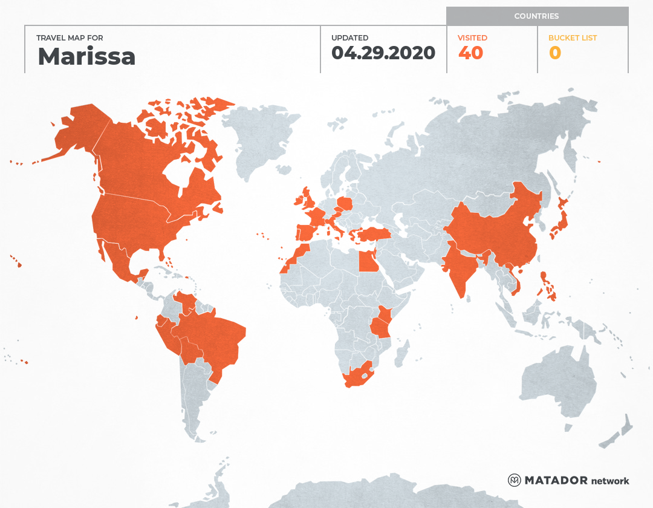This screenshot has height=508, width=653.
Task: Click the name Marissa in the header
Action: click(86, 56)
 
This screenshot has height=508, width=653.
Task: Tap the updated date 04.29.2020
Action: click(383, 53)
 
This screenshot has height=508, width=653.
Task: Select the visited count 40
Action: click(470, 53)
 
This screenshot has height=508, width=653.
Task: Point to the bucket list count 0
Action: click(554, 53)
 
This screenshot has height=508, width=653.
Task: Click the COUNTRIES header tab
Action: click(536, 16)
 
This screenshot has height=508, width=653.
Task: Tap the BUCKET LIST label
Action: click(572, 37)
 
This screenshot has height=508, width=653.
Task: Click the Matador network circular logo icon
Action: click(515, 480)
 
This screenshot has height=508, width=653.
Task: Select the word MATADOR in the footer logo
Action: click(556, 480)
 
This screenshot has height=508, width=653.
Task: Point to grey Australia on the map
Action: click(556, 381)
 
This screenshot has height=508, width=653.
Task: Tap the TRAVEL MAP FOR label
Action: click(70, 37)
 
